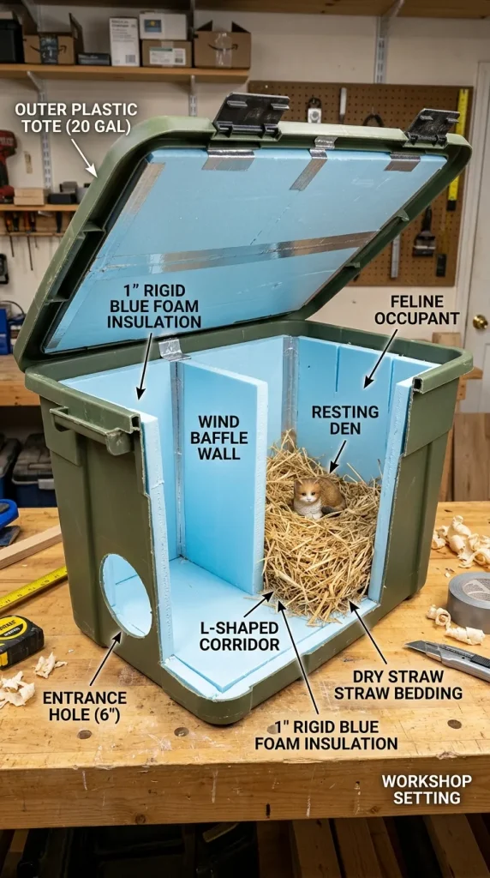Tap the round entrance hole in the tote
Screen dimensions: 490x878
(126, 595)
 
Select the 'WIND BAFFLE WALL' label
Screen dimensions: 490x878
(218, 436)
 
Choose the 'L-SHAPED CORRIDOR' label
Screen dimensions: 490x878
(239, 635)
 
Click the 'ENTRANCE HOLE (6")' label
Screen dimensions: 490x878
(85, 707)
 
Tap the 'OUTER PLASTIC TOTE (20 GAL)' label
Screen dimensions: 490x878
(76, 117)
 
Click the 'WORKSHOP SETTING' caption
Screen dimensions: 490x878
(427, 789)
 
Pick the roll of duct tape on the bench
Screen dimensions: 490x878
(469, 602)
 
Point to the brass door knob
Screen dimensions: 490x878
(480, 322)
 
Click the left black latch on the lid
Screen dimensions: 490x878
(251, 113)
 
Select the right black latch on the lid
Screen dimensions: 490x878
(433, 127)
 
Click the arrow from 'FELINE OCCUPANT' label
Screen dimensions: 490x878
(381, 358)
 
